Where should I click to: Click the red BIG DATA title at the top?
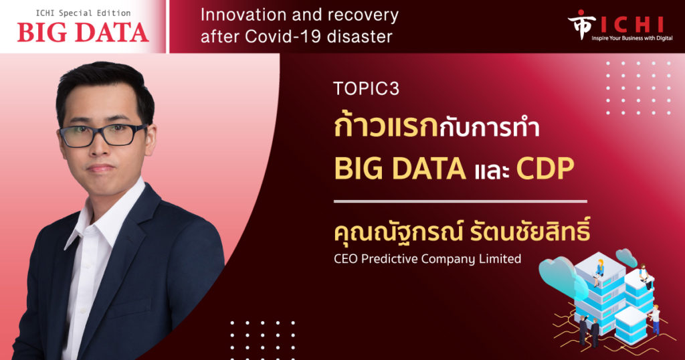83,32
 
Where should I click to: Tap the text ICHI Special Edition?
83,13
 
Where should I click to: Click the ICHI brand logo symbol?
581,24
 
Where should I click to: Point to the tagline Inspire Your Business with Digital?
632,38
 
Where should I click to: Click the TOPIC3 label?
366,89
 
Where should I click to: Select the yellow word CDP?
545,169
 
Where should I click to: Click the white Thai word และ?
492,171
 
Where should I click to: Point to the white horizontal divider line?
460,202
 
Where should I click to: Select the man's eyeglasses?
103,134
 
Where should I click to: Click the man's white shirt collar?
105,209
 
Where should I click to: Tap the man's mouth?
102,168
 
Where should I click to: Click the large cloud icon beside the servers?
561,275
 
